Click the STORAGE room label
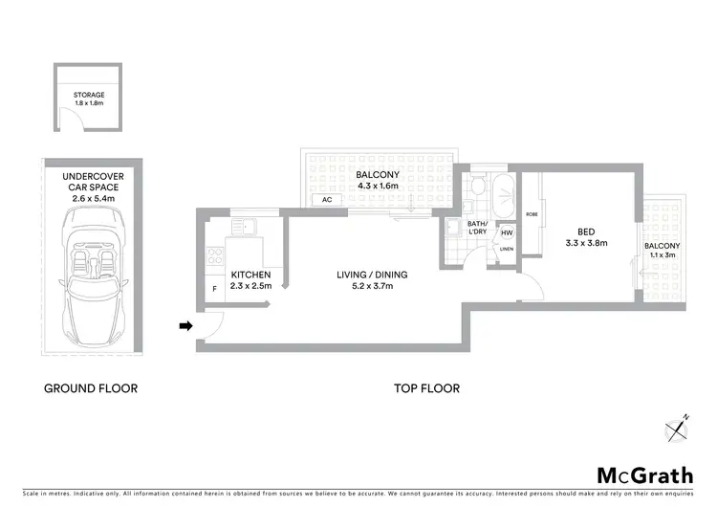[89, 96]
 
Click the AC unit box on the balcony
[327, 200]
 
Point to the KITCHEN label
[251, 275]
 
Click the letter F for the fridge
[214, 289]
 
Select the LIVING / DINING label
[372, 276]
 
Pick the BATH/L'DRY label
[478, 228]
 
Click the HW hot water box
[507, 232]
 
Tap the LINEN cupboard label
[506, 250]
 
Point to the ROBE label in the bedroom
[531, 215]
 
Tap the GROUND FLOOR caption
[91, 388]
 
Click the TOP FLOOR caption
[427, 388]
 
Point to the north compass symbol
[679, 427]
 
